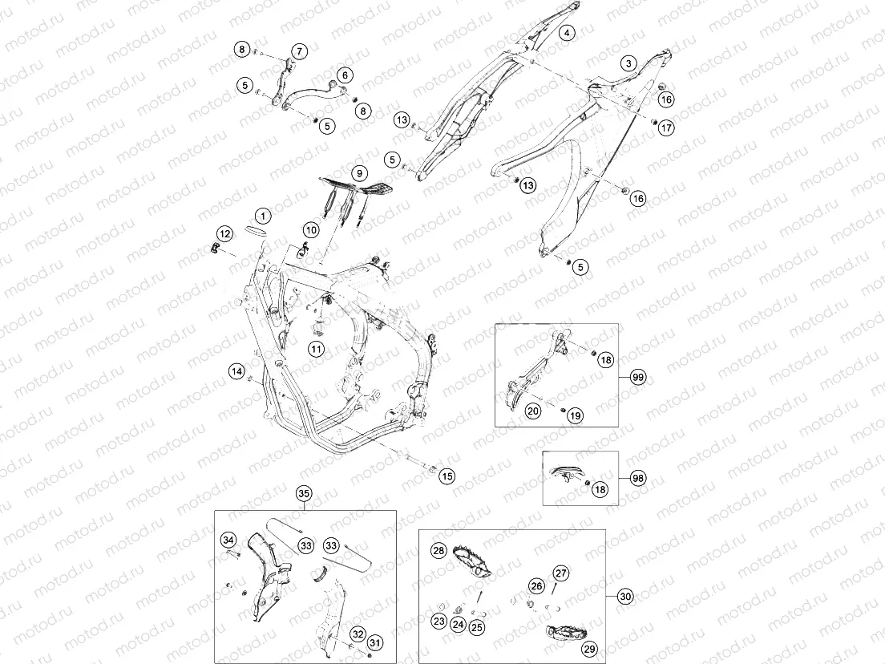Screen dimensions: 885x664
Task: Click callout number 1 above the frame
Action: pyautogui.click(x=262, y=215)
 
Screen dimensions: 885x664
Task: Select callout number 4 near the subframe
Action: pyautogui.click(x=567, y=33)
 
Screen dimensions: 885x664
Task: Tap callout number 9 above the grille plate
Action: pyautogui.click(x=359, y=172)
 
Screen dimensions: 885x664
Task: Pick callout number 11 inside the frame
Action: pyautogui.click(x=317, y=349)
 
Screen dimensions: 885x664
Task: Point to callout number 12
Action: pyautogui.click(x=224, y=233)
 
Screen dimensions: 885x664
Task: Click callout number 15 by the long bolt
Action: pyautogui.click(x=447, y=476)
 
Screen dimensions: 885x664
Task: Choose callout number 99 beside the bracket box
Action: pyautogui.click(x=638, y=377)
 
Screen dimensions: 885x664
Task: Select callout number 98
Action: pyautogui.click(x=638, y=478)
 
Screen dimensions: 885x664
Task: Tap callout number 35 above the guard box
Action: pyautogui.click(x=305, y=493)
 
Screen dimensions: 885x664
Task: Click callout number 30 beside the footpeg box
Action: pyautogui.click(x=625, y=596)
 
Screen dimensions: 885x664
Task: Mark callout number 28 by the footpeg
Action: pyautogui.click(x=439, y=550)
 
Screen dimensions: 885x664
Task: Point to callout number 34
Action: pyautogui.click(x=228, y=541)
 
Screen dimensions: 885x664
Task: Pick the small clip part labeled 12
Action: pyautogui.click(x=215, y=248)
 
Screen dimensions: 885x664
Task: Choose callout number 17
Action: pyautogui.click(x=667, y=128)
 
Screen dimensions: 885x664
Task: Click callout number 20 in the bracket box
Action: pyautogui.click(x=533, y=411)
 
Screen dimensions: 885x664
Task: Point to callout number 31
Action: pyautogui.click(x=375, y=642)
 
